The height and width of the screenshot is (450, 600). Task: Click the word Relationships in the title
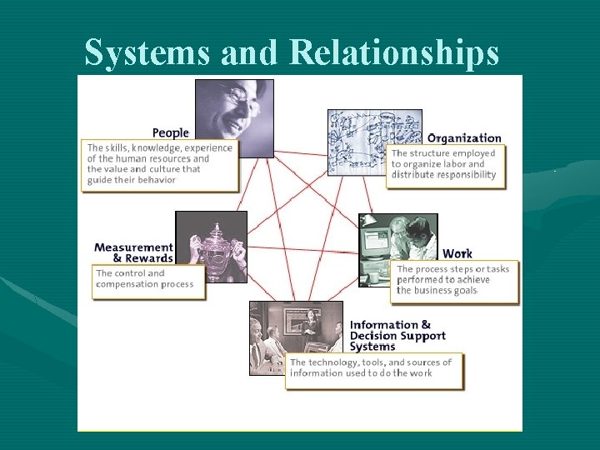coord(394,53)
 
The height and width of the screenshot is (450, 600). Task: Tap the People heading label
coord(171,132)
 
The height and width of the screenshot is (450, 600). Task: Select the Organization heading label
coord(464,138)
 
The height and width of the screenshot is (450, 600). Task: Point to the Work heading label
coord(457,253)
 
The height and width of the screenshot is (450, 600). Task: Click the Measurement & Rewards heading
coord(133,252)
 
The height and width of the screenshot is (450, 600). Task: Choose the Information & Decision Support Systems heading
coord(397,336)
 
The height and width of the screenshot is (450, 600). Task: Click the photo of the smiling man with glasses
coord(234,117)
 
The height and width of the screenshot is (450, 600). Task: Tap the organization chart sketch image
coord(363,141)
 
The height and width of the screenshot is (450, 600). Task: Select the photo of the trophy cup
coord(211,246)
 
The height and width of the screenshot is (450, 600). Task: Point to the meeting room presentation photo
coord(295,337)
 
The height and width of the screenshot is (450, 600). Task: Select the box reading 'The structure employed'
coord(445,164)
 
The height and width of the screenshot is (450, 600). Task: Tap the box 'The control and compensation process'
coord(148,279)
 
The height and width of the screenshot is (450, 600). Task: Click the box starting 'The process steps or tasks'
coord(454,280)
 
